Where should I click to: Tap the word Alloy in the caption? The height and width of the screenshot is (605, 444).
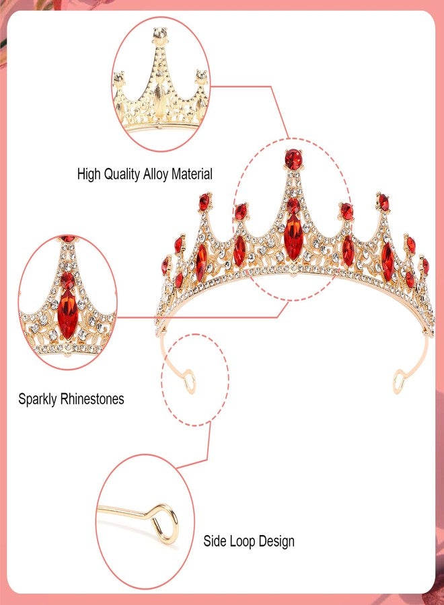[155, 174]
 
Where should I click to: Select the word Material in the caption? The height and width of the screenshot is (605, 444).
[192, 174]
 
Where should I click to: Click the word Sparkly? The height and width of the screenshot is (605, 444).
[38, 399]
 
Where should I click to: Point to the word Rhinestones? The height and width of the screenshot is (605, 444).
[92, 399]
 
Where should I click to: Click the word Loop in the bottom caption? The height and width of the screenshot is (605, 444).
[242, 541]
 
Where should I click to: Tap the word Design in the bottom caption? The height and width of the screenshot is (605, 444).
[276, 541]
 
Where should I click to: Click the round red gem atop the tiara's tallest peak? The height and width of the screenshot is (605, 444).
[293, 159]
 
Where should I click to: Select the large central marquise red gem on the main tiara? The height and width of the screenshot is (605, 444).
[293, 237]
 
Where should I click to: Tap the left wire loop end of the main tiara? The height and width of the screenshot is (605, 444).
[190, 382]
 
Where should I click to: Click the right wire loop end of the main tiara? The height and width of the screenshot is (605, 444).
[399, 381]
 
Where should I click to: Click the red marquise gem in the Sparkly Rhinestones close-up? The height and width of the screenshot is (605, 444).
[67, 315]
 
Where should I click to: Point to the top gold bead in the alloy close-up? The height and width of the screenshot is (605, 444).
[160, 35]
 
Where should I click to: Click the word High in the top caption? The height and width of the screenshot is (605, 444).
[89, 174]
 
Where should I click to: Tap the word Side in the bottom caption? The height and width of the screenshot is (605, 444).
[215, 541]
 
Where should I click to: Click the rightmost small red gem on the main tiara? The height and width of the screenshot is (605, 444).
[425, 266]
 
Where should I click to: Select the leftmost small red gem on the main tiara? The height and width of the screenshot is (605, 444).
[165, 266]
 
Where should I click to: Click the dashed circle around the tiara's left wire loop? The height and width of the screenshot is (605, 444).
[162, 380]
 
